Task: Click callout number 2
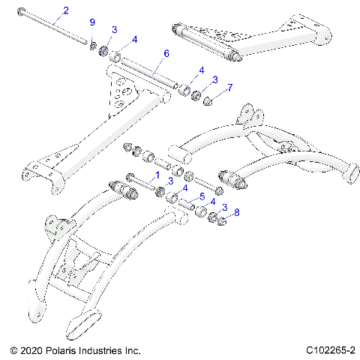click(x=65, y=10)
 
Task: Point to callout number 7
click(x=229, y=88)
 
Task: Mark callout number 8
click(x=238, y=212)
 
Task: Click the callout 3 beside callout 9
click(x=114, y=29)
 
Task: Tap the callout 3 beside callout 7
click(x=214, y=79)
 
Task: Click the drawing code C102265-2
click(x=330, y=350)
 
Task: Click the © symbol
click(x=13, y=350)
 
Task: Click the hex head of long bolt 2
click(x=25, y=10)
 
